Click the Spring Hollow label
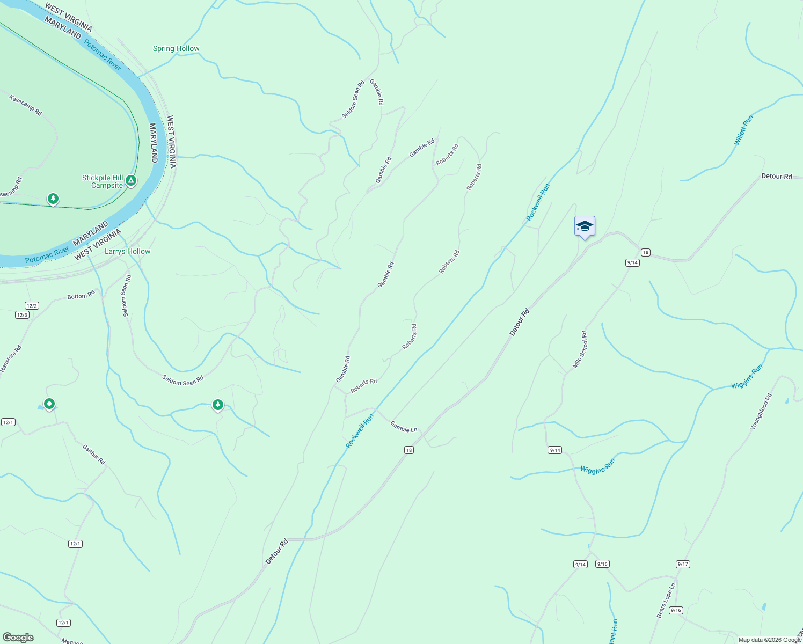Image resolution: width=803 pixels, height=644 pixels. tap(176, 48)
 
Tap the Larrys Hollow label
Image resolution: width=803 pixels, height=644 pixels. tap(127, 251)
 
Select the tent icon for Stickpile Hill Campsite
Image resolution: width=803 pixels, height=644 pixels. tap(131, 181)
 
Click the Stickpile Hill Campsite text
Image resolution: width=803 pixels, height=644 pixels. tap(103, 181)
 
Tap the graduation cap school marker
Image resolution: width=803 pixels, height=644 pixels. tap(585, 226)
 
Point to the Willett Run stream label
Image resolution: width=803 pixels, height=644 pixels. tap(743, 130)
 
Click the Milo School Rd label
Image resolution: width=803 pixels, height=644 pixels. tap(580, 349)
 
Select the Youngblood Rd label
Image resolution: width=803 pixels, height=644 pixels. tap(761, 412)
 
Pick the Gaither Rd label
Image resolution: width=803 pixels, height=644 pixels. tap(94, 454)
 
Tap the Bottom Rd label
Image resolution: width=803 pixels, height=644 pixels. tap(81, 296)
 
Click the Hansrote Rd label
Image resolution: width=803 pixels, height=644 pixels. tap(11, 358)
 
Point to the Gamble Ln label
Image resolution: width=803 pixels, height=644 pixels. tap(404, 427)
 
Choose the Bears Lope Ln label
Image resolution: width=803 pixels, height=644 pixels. tap(666, 601)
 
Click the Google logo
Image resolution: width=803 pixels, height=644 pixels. tap(18, 638)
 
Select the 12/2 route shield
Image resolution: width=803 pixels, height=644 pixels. tap(32, 306)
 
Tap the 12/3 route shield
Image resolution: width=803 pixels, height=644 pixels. tap(22, 315)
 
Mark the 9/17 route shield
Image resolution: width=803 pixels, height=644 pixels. tap(683, 564)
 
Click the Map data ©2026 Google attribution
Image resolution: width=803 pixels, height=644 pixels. tap(770, 640)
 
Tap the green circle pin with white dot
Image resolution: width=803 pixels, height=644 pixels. tap(49, 404)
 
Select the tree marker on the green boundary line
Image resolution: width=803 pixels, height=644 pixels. tap(53, 199)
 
